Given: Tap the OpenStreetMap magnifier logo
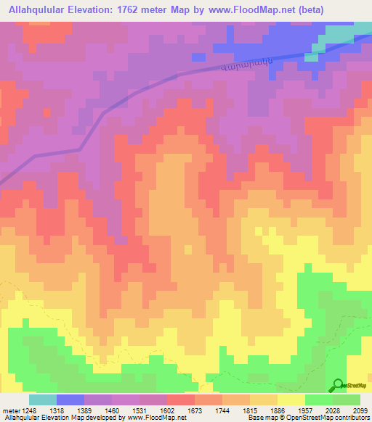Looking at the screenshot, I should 338,385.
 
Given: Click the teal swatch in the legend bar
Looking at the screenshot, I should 43,399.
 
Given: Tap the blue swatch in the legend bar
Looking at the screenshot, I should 70,399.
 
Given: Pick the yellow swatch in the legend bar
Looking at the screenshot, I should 291,399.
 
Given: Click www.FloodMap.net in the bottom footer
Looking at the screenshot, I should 149,417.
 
